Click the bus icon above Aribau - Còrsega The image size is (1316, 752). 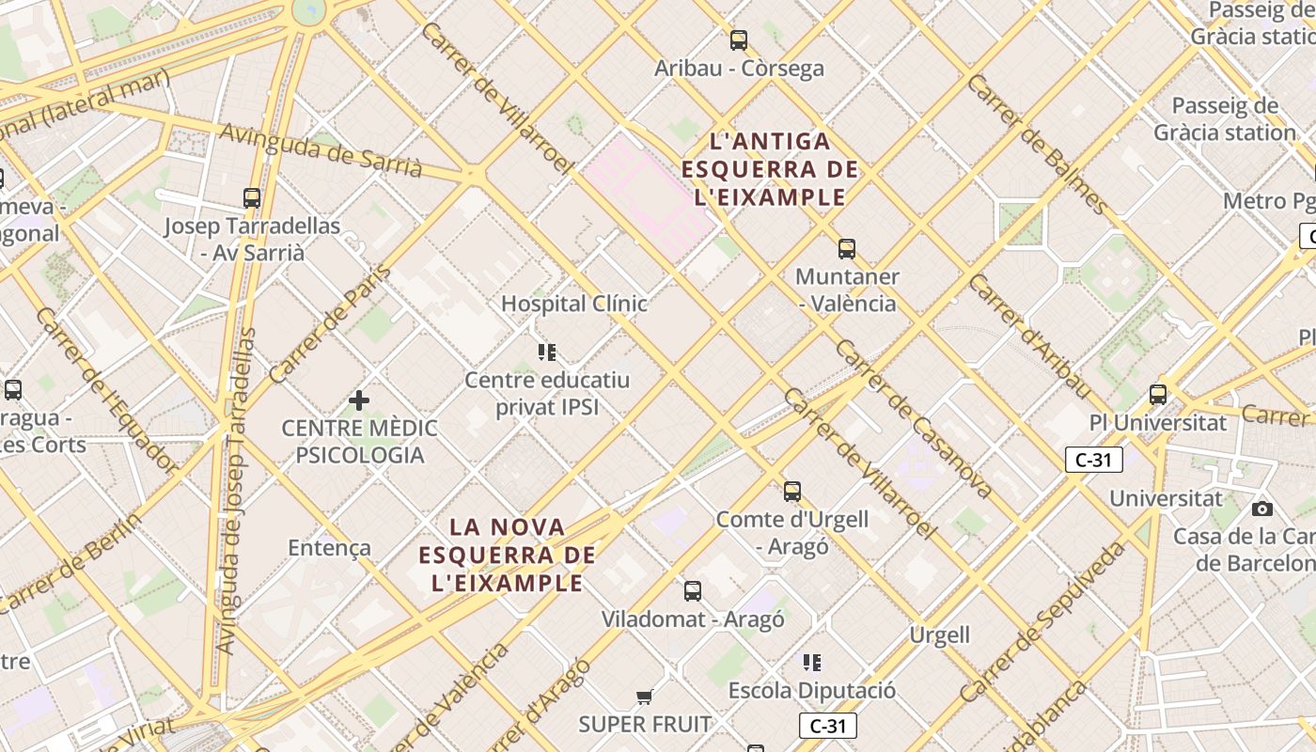(x=739, y=40)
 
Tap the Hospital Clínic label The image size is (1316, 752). (x=573, y=304)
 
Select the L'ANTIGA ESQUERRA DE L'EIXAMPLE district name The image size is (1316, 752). (x=770, y=169)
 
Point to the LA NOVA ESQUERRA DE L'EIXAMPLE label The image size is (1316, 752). (x=508, y=555)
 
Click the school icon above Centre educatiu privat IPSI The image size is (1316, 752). (x=547, y=352)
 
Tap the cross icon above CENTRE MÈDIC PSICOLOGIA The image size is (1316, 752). (x=358, y=401)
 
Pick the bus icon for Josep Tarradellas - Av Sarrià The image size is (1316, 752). (x=252, y=198)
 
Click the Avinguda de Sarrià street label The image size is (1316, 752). (x=321, y=149)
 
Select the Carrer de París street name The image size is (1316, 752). (x=329, y=324)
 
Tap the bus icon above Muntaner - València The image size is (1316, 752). (x=847, y=249)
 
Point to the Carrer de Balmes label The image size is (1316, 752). (x=1037, y=143)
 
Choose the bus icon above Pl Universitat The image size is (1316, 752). (x=1158, y=395)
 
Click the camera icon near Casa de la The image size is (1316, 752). (x=1262, y=509)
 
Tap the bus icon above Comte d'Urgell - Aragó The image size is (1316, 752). (x=792, y=492)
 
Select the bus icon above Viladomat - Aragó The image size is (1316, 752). (x=693, y=591)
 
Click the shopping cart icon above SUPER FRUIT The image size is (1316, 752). (x=644, y=697)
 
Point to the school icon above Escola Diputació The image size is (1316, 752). (x=812, y=663)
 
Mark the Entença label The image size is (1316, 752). (x=329, y=548)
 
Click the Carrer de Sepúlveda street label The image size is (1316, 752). (x=1042, y=620)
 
